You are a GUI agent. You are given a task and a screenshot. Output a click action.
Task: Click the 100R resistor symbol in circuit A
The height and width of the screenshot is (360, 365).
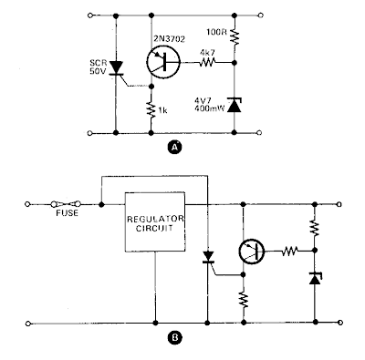point(235,36)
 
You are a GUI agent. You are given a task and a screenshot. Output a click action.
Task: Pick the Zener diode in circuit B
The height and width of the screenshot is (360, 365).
point(315,278)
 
